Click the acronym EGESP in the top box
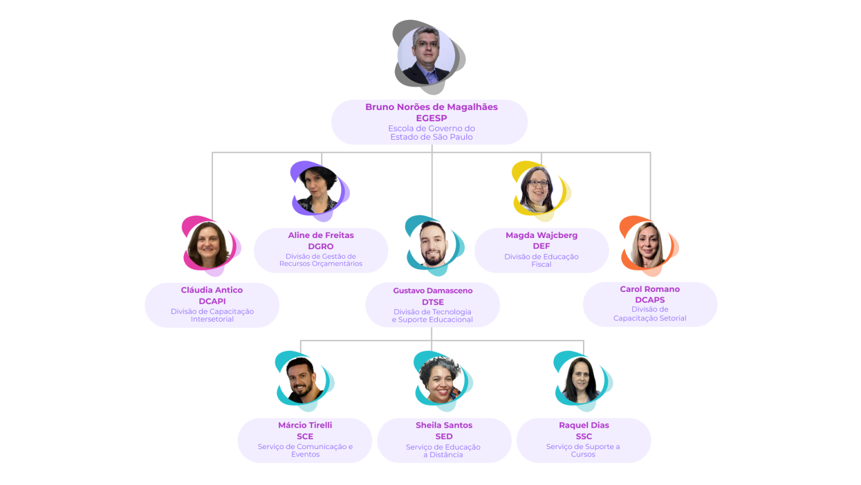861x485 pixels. coord(431,118)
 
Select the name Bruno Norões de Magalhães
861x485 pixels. coord(431,107)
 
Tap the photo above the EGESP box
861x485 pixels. coord(429,57)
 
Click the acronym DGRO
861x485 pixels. coord(321,246)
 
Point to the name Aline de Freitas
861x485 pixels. coord(321,235)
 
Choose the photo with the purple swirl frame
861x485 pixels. coord(320,190)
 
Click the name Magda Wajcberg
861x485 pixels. coord(541,235)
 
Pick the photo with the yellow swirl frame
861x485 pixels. coord(541,190)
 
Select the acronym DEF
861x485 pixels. coord(541,246)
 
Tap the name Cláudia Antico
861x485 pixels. coord(212,290)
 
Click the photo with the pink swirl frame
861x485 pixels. coord(211,245)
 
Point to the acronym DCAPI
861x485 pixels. coord(212,301)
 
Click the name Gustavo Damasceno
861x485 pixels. coord(432,291)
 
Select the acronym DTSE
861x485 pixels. coord(432,302)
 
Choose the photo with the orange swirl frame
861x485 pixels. coord(649,245)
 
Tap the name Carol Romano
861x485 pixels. coord(650,289)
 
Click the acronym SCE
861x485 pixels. coord(305,437)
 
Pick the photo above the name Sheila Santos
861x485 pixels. coord(443,381)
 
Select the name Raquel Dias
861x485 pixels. coord(584,425)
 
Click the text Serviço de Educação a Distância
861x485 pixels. coord(443,451)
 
